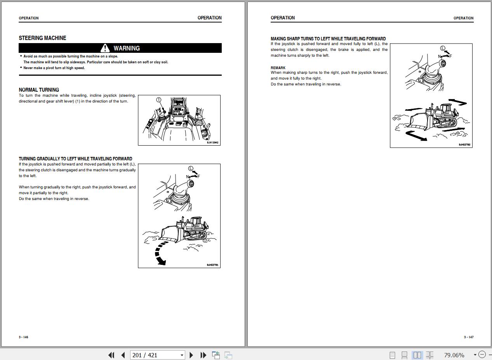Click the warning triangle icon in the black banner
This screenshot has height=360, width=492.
pyautogui.click(x=105, y=48)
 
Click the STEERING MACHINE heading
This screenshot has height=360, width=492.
pyautogui.click(x=42, y=38)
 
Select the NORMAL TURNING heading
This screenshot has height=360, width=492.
pyautogui.click(x=39, y=90)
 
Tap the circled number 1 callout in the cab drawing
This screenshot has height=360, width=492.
pyautogui.click(x=158, y=100)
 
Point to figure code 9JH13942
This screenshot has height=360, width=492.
pyautogui.click(x=212, y=143)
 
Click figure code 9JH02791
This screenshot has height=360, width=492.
pyautogui.click(x=212, y=265)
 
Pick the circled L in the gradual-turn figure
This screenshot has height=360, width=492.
pyautogui.click(x=191, y=168)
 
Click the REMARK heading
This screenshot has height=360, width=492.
pyautogui.click(x=278, y=68)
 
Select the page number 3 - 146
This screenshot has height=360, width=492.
pyautogui.click(x=24, y=337)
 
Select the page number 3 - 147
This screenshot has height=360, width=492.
pyautogui.click(x=469, y=337)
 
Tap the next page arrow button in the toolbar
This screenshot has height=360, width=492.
pyautogui.click(x=191, y=355)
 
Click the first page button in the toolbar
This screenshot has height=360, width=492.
pyautogui.click(x=111, y=355)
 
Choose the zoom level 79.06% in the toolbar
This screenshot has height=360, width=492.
pyautogui.click(x=454, y=355)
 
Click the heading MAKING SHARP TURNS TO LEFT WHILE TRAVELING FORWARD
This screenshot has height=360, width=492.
pyautogui.click(x=328, y=39)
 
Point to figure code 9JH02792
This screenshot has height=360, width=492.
pyautogui.click(x=464, y=145)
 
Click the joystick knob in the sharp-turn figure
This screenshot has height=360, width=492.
pyautogui.click(x=443, y=64)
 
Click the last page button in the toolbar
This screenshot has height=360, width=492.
pyautogui.click(x=203, y=355)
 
